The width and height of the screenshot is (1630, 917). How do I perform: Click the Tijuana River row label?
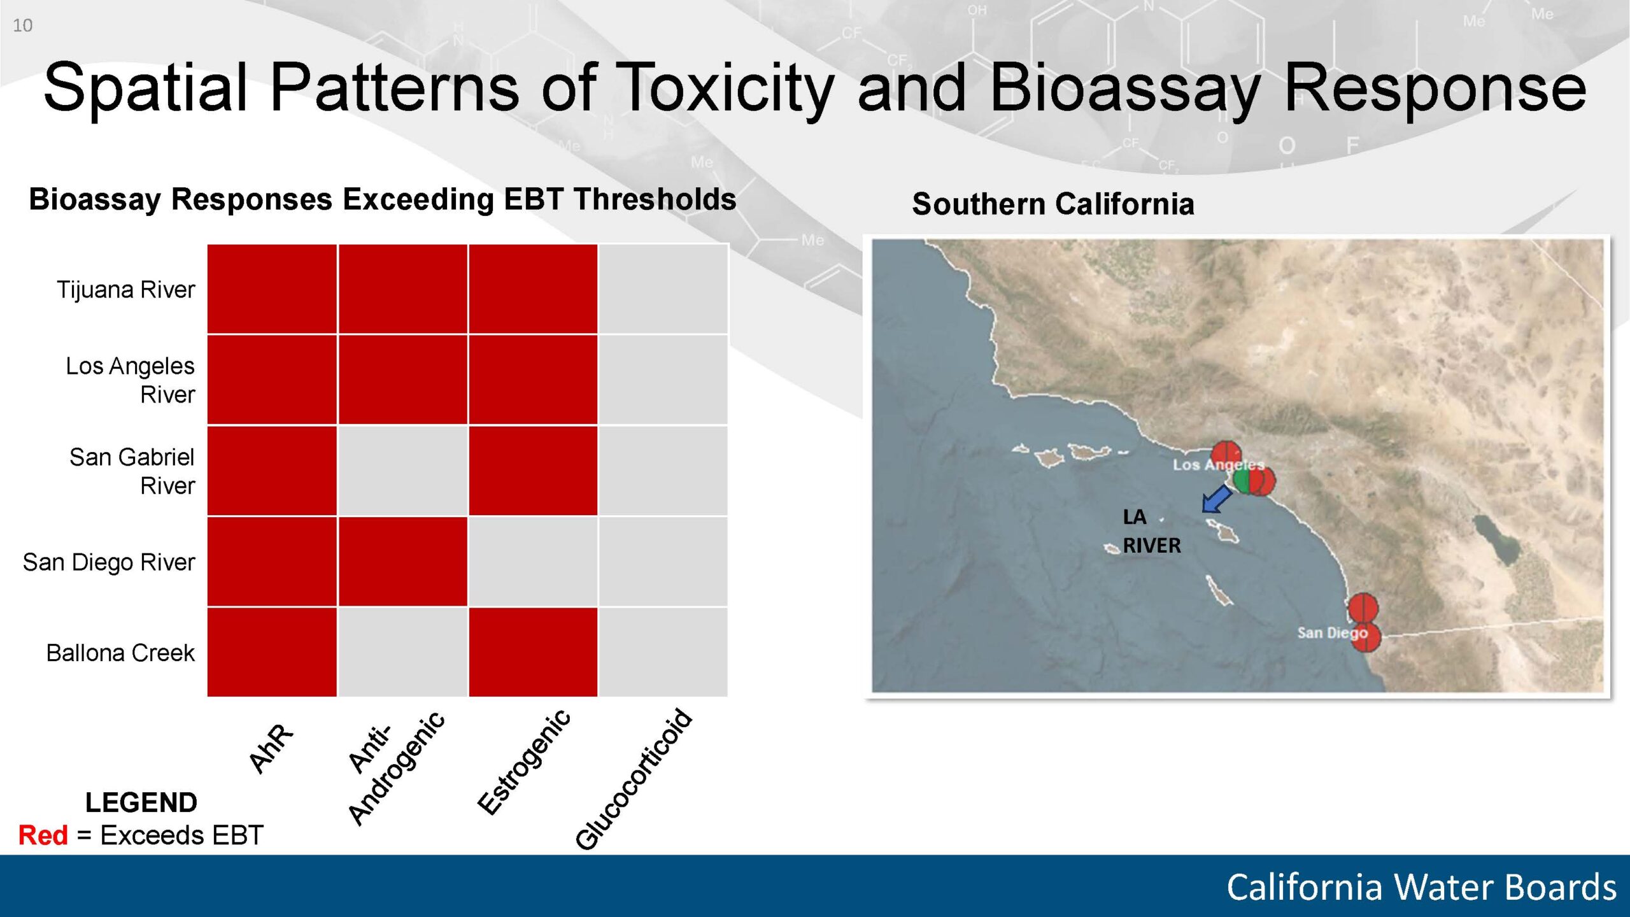click(x=126, y=290)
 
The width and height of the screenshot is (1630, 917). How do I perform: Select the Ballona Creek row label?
click(x=120, y=653)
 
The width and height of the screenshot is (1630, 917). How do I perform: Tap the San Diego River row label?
click(x=109, y=562)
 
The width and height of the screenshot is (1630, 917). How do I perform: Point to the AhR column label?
click(x=271, y=748)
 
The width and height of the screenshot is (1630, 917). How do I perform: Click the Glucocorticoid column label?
click(x=634, y=779)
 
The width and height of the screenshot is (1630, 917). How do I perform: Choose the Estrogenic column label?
click(x=524, y=762)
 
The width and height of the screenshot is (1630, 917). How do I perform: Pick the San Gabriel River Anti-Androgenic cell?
click(x=403, y=471)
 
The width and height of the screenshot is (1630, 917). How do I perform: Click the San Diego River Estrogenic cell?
click(x=533, y=561)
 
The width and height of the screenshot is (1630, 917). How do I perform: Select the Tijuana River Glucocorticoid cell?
click(x=663, y=289)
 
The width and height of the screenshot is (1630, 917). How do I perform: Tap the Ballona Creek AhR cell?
click(x=272, y=652)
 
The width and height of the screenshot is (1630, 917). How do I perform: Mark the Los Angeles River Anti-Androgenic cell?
click(x=403, y=380)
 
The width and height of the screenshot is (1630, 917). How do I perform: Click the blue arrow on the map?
click(x=1216, y=499)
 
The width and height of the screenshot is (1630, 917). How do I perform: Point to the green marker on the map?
click(x=1241, y=481)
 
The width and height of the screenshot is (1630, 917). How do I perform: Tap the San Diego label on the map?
click(x=1332, y=632)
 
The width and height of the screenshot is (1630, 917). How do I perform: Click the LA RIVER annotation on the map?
click(x=1151, y=531)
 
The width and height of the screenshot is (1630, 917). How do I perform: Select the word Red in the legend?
click(x=43, y=835)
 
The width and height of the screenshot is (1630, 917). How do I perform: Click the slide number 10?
click(x=22, y=25)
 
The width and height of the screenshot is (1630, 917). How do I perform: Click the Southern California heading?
click(x=1053, y=204)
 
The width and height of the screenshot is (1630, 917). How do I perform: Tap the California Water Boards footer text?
click(x=1421, y=887)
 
